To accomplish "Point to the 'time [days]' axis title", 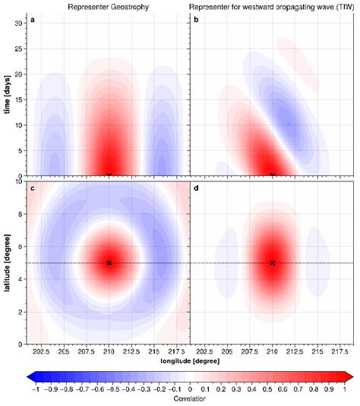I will (7, 96).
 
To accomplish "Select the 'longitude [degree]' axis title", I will (191, 362).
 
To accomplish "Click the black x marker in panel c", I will (109, 263).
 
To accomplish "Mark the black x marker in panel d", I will (272, 263).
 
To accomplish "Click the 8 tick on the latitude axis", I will (21, 213).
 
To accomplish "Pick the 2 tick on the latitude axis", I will (21, 312).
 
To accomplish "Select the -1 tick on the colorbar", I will (35, 388).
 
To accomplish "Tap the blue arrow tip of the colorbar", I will (30, 376).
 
